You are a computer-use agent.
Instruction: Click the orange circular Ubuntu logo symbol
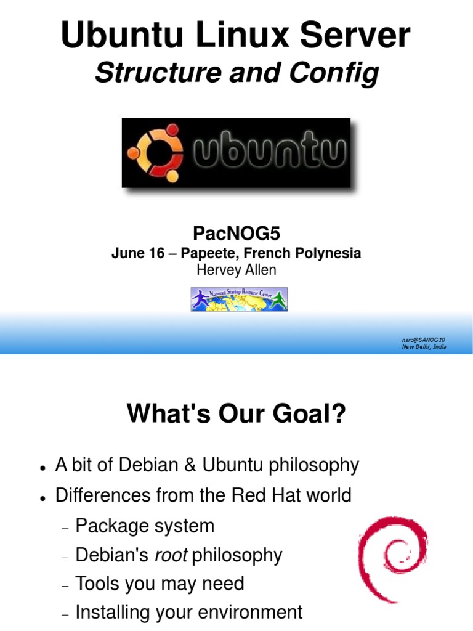click(155, 153)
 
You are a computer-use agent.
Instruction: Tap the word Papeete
click(203, 253)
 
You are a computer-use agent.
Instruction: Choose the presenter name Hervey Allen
click(236, 269)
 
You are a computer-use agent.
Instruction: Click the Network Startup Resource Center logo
click(239, 299)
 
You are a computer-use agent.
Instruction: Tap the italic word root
click(171, 555)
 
